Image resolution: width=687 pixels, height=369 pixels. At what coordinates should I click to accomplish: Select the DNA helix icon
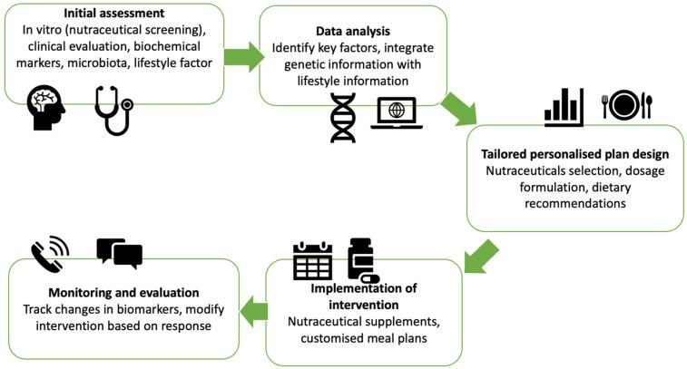click(x=343, y=118)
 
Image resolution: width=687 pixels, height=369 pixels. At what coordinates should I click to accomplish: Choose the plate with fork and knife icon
click(x=627, y=103)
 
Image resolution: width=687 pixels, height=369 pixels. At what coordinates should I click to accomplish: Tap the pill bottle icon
click(x=362, y=260)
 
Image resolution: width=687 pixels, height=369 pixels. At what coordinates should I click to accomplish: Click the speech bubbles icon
click(x=119, y=253)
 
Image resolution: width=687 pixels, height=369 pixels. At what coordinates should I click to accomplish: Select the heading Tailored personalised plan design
click(x=574, y=153)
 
